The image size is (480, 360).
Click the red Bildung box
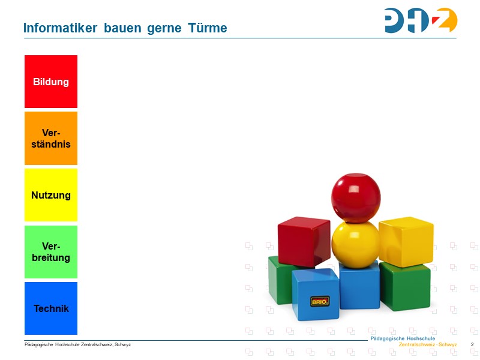click(51, 82)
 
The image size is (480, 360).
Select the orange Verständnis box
click(51, 138)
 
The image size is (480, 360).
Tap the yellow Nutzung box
click(51, 195)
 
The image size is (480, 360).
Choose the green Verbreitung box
click(51, 252)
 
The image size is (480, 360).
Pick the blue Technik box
click(51, 308)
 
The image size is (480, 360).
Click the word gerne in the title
click(164, 28)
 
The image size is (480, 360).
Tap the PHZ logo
click(421, 20)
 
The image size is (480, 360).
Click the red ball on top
click(355, 196)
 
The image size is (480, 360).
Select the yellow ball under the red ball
click(355, 242)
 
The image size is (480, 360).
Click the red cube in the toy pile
click(304, 241)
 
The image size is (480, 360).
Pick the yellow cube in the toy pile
click(406, 241)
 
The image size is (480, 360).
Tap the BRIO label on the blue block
click(319, 301)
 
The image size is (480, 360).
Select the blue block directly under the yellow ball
click(359, 286)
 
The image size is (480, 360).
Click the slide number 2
click(472, 344)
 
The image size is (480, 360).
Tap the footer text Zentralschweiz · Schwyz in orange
click(428, 345)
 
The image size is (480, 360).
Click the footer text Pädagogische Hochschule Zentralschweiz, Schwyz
click(77, 344)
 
